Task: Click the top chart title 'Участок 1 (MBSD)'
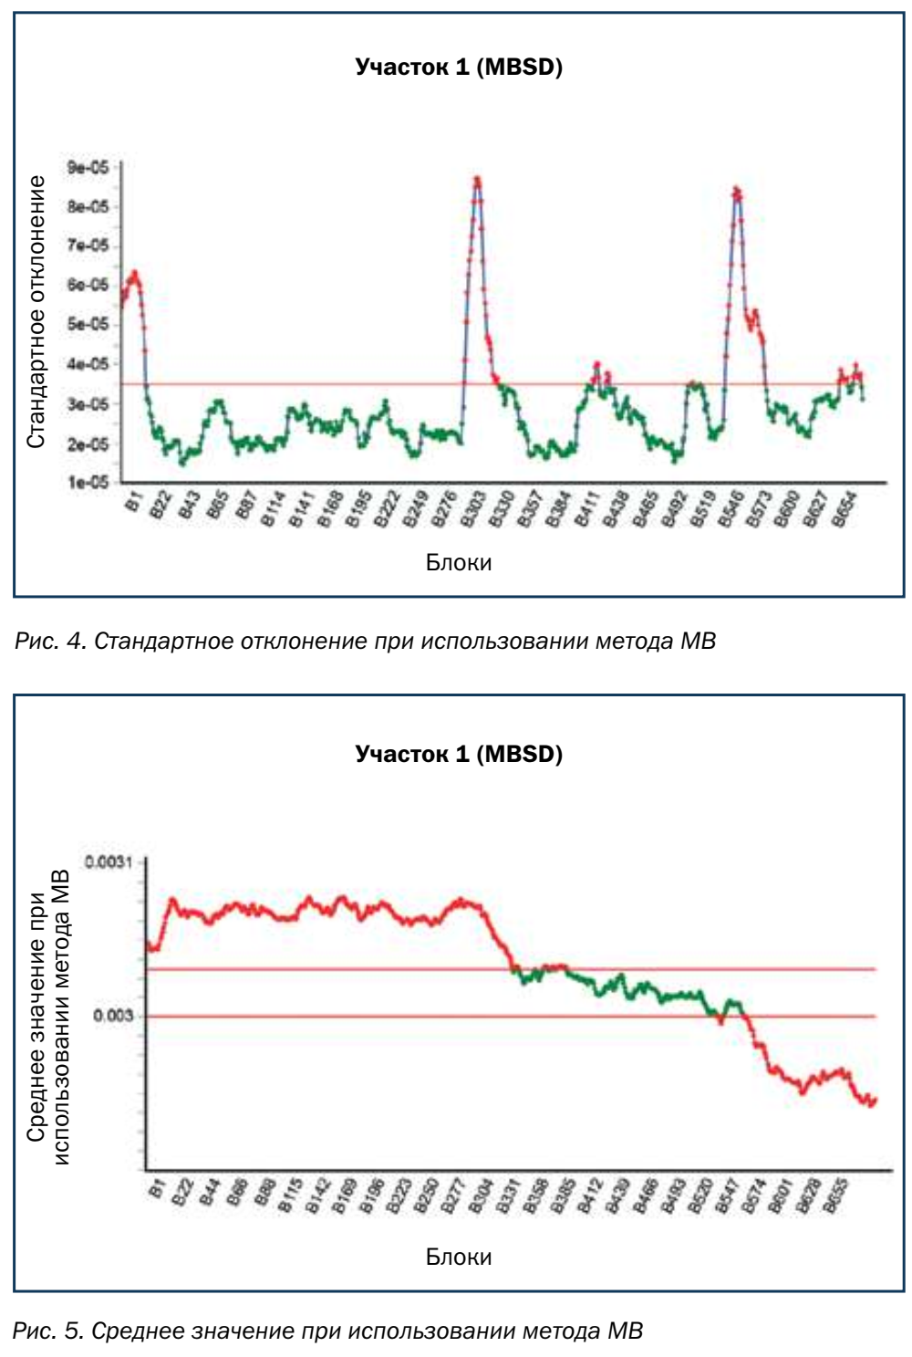(459, 67)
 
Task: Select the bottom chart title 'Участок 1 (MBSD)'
(459, 754)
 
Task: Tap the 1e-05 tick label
(88, 482)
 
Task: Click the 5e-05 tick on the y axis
(88, 324)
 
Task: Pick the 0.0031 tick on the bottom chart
(109, 862)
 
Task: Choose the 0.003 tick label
(113, 1016)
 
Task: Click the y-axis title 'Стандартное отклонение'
(36, 312)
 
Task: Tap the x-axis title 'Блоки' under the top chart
(459, 562)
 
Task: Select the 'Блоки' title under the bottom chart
(459, 1257)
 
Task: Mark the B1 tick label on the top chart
(133, 503)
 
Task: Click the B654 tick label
(845, 509)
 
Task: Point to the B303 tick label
(472, 509)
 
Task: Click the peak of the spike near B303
(477, 179)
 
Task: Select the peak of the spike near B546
(736, 190)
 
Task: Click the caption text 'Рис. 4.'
(50, 642)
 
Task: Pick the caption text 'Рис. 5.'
(48, 1331)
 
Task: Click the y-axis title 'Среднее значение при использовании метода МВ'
(48, 1018)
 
